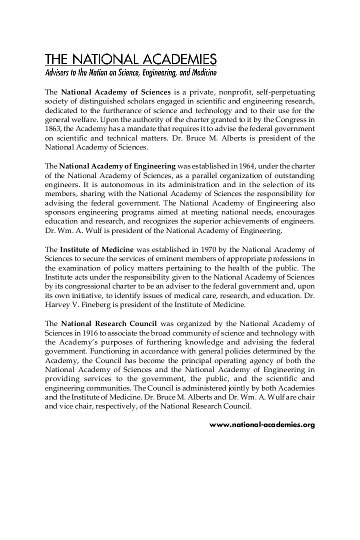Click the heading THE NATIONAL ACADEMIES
point(130,59)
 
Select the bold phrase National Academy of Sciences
point(116,92)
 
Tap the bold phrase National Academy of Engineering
point(117,166)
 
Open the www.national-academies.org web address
point(262,424)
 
